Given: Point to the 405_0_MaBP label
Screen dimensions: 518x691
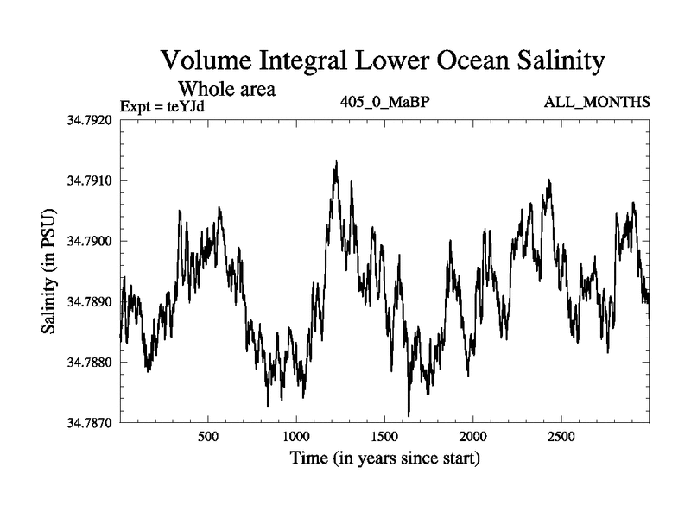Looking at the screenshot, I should pos(385,103).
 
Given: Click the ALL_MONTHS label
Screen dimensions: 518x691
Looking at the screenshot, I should pos(597,103).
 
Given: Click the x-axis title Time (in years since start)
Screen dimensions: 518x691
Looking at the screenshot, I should pos(384,458).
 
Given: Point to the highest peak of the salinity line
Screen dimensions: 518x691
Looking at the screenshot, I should pos(335,161).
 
